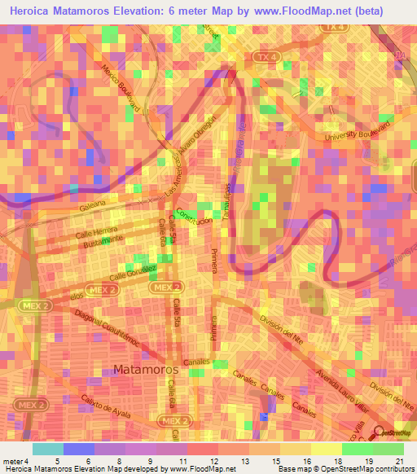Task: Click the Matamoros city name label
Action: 147,369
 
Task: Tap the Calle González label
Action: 130,269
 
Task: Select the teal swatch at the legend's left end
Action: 47,449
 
